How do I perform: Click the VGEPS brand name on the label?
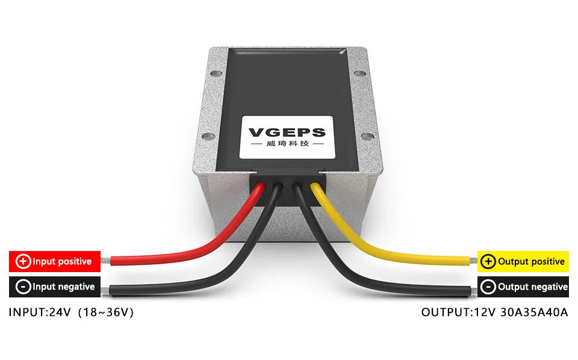click(287, 132)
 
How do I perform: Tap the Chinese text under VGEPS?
click(287, 145)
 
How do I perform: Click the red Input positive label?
click(54, 261)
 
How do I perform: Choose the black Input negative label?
click(54, 287)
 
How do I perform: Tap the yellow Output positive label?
click(523, 261)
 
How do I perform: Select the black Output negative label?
click(523, 287)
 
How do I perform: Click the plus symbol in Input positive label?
click(23, 261)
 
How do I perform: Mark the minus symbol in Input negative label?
click(23, 287)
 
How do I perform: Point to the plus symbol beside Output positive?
click(489, 261)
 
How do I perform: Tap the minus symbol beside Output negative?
click(489, 287)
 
